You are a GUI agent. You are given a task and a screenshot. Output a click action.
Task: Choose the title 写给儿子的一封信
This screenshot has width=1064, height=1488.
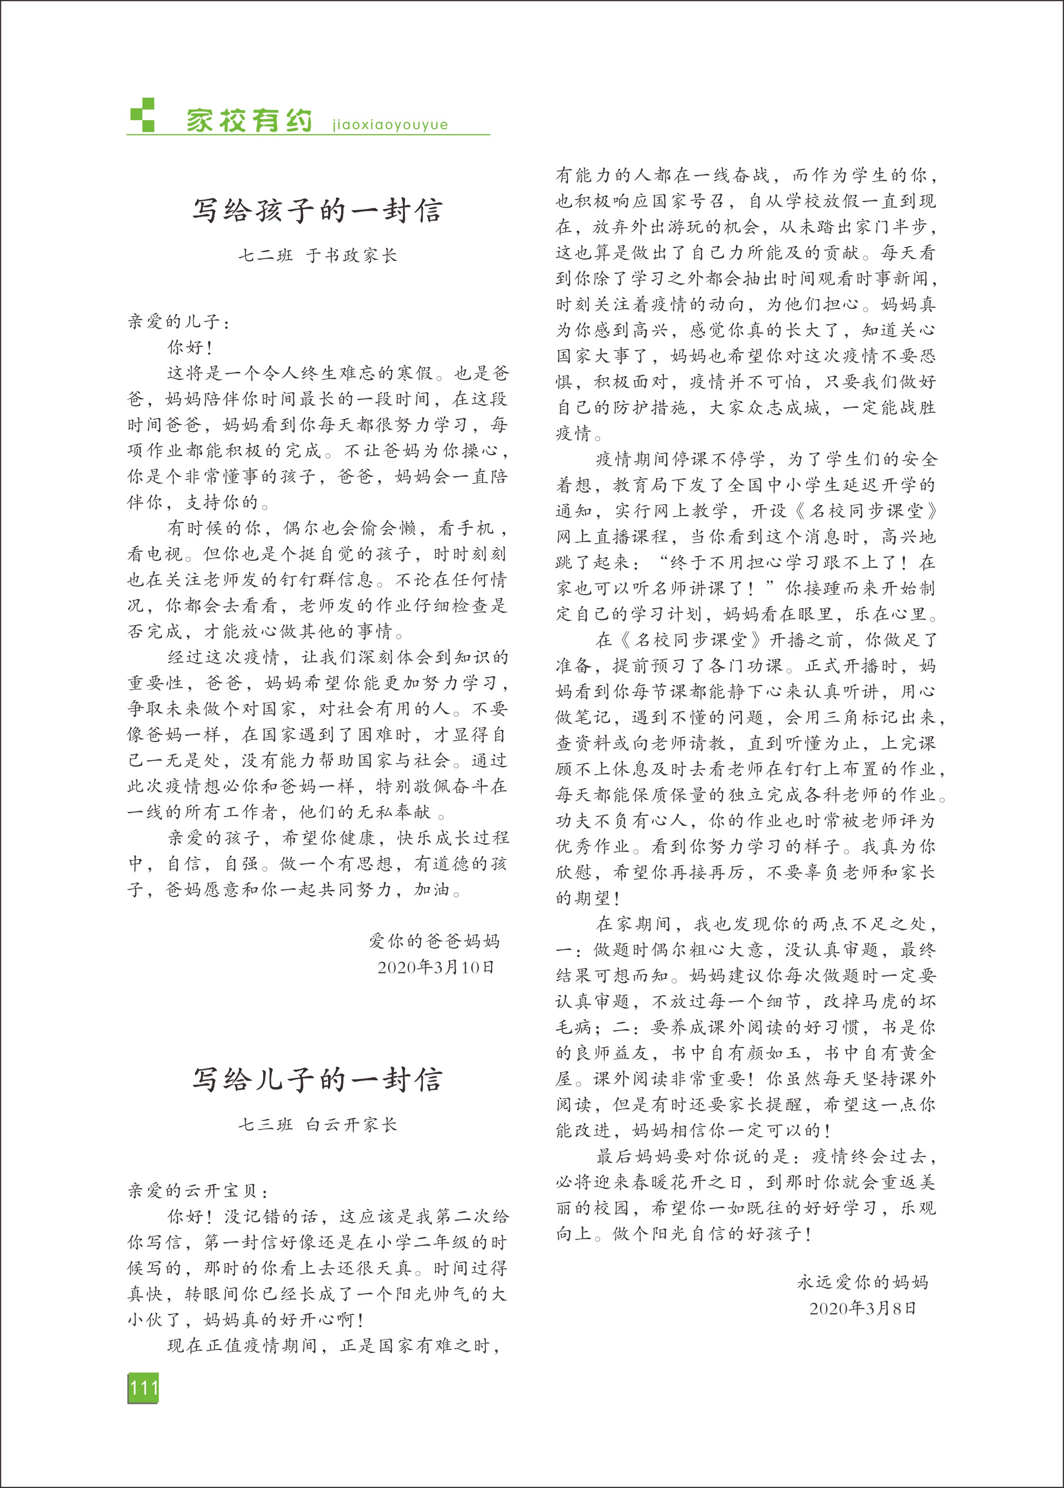(x=317, y=1080)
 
